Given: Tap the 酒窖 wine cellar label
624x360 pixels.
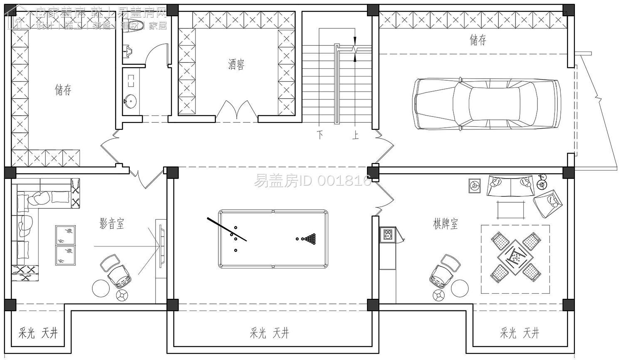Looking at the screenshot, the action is pyautogui.click(x=236, y=64).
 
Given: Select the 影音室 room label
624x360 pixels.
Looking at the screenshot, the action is pyautogui.click(x=111, y=224).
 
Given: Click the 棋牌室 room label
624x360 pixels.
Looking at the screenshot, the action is pyautogui.click(x=445, y=223).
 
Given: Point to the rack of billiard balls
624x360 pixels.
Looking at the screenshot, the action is pyautogui.click(x=310, y=239).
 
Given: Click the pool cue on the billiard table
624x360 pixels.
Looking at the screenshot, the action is pyautogui.click(x=227, y=229).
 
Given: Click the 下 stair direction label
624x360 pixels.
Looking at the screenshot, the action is pyautogui.click(x=320, y=135).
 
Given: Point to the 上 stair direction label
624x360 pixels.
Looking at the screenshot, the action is pyautogui.click(x=355, y=135).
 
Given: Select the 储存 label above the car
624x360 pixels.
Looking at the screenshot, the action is pyautogui.click(x=478, y=40).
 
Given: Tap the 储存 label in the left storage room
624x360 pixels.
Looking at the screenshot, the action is pyautogui.click(x=63, y=89).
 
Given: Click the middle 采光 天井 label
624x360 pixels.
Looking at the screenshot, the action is pyautogui.click(x=269, y=333).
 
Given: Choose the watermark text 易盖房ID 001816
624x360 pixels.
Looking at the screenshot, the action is pyautogui.click(x=312, y=181).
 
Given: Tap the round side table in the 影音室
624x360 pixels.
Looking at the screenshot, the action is pyautogui.click(x=100, y=288).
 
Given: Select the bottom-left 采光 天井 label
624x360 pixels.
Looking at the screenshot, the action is pyautogui.click(x=38, y=333).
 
